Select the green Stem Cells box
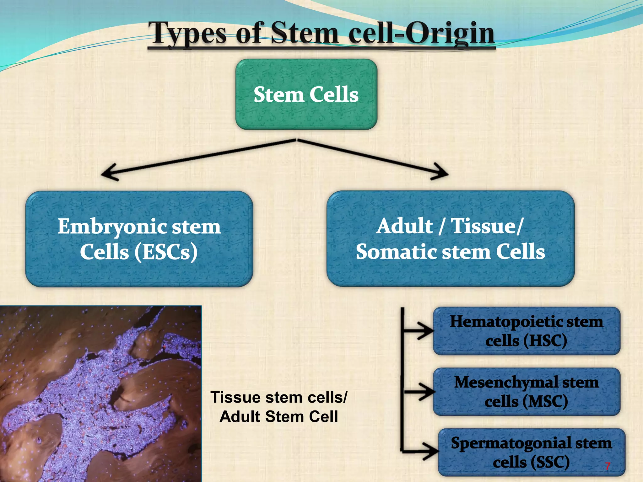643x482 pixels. (306, 94)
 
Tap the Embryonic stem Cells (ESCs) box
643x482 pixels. (139, 239)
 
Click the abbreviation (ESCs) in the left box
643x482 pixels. (166, 252)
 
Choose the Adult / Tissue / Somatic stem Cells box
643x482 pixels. (451, 238)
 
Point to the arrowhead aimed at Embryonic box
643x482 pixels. (108, 173)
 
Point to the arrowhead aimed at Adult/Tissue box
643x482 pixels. (441, 172)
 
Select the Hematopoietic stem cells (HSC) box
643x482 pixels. (527, 331)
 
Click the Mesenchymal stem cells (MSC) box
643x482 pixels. (527, 392)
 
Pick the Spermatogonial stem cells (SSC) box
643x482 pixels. (531, 452)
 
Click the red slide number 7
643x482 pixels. (608, 466)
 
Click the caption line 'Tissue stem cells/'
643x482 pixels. (279, 397)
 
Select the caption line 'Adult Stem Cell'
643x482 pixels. (279, 417)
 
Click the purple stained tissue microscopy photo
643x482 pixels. (100, 394)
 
